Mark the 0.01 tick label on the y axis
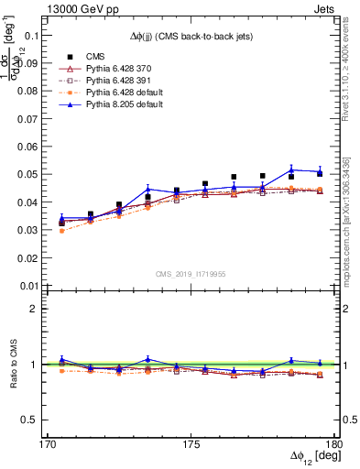pyautogui.click(x=29, y=286)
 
